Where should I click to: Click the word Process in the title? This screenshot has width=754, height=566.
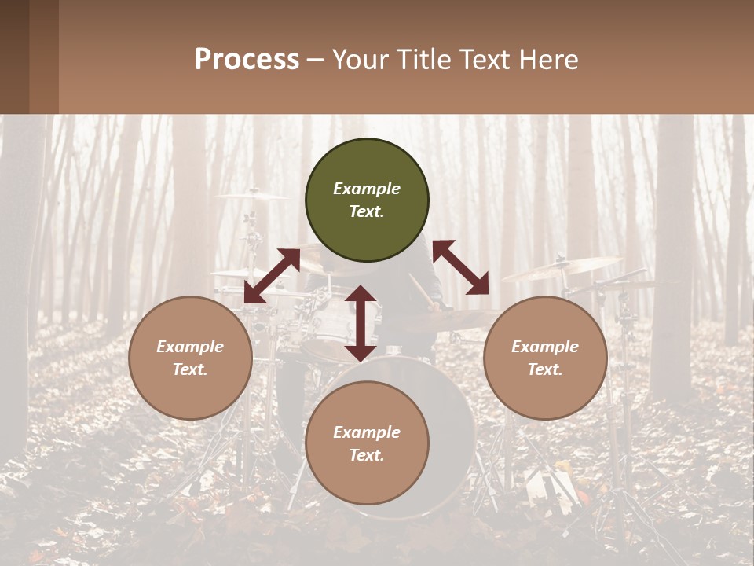click(247, 60)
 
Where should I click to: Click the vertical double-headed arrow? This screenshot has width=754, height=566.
click(361, 323)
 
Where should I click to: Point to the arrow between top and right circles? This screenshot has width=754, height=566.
click(461, 267)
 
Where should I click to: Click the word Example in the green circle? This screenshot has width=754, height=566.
click(367, 189)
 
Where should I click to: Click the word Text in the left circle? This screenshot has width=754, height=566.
click(190, 369)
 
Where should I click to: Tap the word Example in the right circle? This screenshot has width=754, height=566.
click(545, 347)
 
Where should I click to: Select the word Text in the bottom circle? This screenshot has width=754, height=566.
click(367, 455)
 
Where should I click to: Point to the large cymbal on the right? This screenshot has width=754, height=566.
click(562, 267)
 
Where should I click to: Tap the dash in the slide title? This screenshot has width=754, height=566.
click(315, 61)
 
